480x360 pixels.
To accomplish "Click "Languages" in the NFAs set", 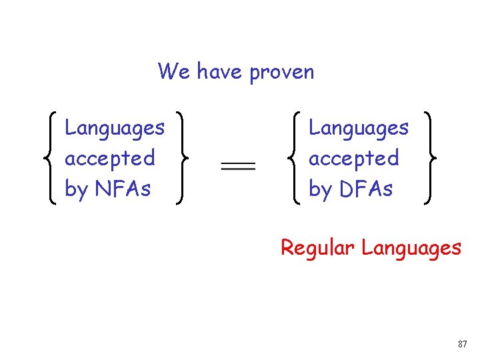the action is [115, 127].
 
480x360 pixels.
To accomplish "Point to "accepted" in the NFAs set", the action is [110, 159].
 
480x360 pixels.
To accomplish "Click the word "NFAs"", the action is [123, 189].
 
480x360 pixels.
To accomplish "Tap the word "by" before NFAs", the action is [76, 190].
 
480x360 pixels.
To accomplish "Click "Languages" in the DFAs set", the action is [359, 127].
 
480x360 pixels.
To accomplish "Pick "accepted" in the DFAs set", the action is [354, 159].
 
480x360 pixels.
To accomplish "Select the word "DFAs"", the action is [366, 189].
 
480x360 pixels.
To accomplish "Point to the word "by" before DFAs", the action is [320, 190].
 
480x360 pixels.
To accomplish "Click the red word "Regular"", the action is [317, 248].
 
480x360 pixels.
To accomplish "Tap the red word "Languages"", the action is [411, 249].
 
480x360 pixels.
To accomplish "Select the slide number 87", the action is [463, 344].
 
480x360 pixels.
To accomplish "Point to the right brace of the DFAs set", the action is [430, 158].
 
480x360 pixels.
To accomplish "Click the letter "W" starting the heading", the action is [167, 71].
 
